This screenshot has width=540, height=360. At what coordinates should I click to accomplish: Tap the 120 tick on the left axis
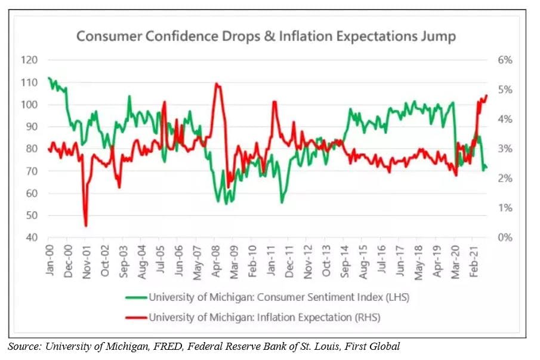(30, 60)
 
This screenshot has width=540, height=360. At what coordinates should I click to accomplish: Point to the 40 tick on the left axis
(32, 238)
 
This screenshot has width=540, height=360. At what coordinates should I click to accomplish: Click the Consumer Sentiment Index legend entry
(276, 297)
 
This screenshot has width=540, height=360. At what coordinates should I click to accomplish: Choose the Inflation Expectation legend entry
(264, 317)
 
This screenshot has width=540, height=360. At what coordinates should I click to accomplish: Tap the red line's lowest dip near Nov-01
(86, 226)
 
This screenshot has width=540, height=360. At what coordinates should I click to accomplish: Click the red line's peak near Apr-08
(216, 84)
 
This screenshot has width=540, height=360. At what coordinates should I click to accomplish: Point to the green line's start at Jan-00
(48, 78)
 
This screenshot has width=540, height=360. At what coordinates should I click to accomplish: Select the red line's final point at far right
(487, 95)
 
